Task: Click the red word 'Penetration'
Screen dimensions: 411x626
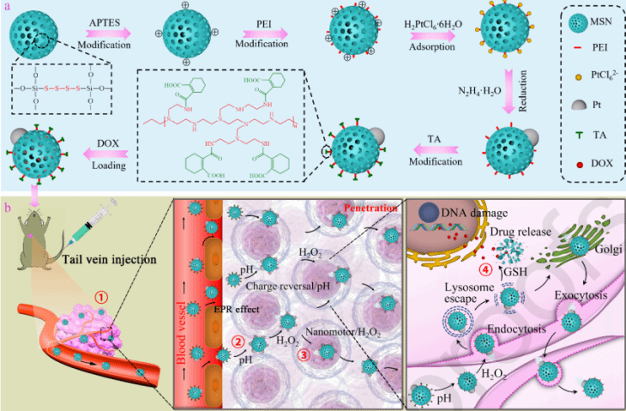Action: coord(370,208)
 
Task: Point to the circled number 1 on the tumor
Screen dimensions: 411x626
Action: coord(101,293)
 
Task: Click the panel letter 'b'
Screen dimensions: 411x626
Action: coord(7,205)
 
